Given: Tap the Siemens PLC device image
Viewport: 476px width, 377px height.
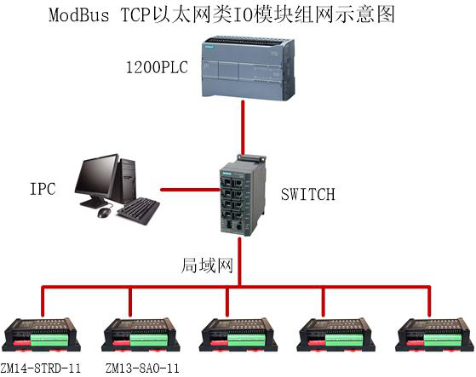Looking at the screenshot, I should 244,67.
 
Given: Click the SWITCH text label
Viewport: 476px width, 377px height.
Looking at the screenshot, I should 307,195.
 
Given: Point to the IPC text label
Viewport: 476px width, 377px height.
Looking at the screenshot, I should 42,189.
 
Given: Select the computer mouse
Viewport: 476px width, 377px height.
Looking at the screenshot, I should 105,209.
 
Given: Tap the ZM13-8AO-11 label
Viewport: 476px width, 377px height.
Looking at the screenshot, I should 142,368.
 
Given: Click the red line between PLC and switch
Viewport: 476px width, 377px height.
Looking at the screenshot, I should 244,129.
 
